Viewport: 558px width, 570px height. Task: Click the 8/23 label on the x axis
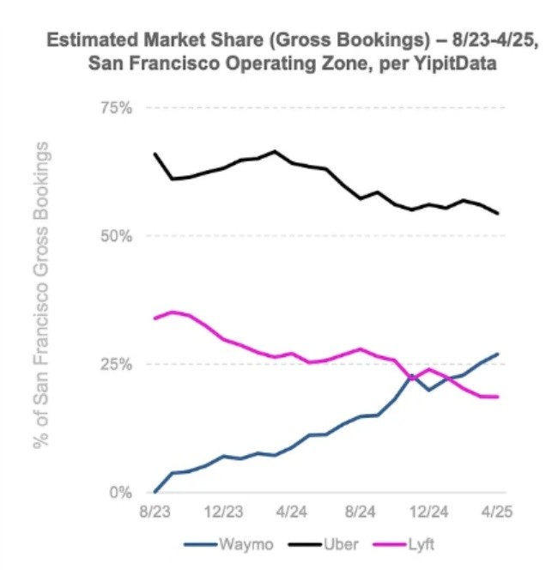click(155, 512)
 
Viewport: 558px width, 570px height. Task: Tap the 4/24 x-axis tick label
click(292, 512)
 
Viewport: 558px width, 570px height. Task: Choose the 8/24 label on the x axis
click(361, 512)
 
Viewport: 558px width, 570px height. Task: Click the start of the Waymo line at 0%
click(155, 492)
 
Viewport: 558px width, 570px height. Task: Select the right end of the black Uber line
click(499, 214)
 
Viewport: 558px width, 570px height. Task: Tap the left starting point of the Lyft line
click(155, 318)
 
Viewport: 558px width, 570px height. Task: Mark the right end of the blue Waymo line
click(499, 355)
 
